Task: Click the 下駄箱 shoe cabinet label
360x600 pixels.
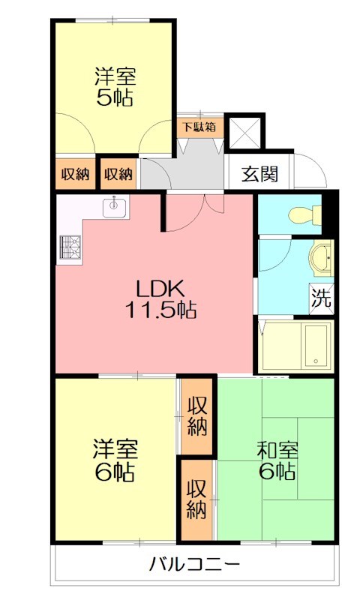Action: pos(199,127)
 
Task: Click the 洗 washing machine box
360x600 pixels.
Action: pos(322,298)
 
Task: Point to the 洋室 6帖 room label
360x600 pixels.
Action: pos(114,460)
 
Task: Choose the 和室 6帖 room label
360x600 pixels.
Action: pos(277,460)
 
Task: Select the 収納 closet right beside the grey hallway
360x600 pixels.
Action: pos(118,174)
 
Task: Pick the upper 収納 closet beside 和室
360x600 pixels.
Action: pos(197,417)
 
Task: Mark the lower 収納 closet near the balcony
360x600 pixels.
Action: pos(196,499)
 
